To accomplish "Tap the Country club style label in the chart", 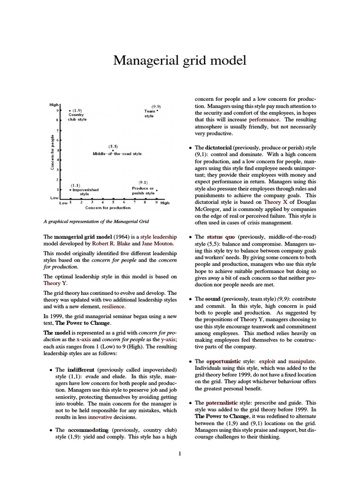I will [x=77, y=117].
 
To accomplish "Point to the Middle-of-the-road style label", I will [x=117, y=154].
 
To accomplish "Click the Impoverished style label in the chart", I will [x=83, y=191].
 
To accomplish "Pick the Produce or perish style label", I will [x=143, y=190].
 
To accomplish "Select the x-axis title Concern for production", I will [x=108, y=208].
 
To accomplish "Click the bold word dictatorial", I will [x=219, y=147].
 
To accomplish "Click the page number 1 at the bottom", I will [x=180, y=453].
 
